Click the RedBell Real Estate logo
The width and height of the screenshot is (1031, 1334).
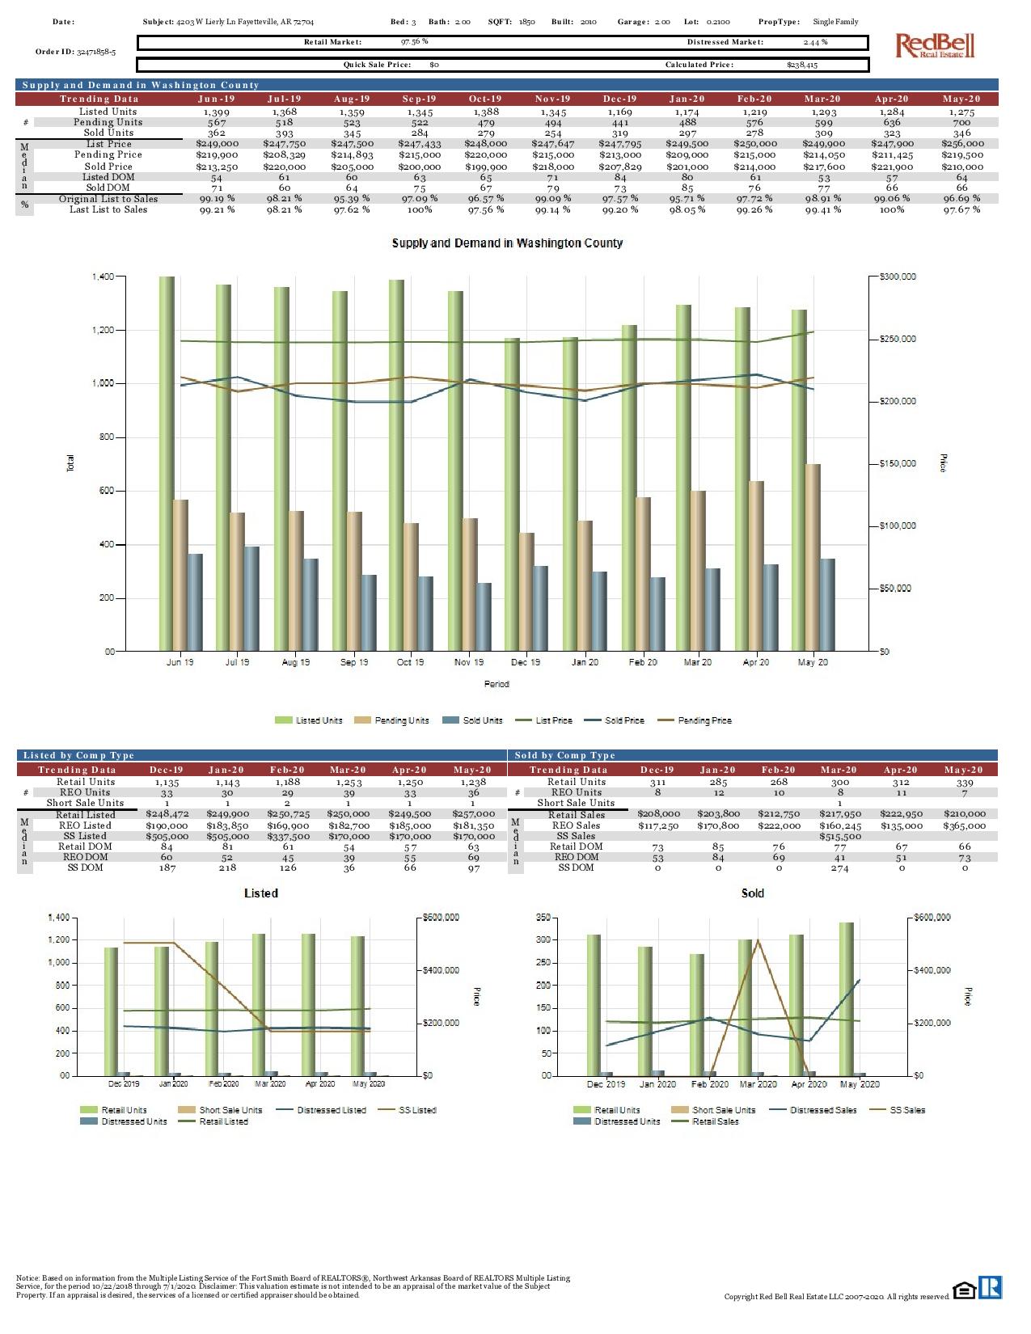[935, 45]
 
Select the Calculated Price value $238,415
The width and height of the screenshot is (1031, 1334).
[801, 65]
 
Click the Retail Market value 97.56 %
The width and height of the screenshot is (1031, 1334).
[415, 41]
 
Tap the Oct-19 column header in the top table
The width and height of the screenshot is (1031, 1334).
[485, 99]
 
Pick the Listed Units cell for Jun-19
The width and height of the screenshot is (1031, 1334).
[217, 112]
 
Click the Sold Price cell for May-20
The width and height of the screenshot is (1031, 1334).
[961, 167]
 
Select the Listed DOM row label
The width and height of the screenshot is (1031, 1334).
[108, 177]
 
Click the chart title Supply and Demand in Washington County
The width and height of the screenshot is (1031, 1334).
[507, 243]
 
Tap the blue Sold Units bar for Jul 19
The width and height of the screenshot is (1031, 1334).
[252, 598]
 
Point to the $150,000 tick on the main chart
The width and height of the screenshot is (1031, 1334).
[898, 464]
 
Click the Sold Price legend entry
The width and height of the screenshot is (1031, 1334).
[624, 720]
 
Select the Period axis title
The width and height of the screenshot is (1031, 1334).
[496, 684]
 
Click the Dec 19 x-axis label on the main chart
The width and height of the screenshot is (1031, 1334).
[526, 662]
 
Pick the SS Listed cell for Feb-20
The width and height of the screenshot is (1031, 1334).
[288, 836]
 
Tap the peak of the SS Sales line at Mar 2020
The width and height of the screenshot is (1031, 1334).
[758, 940]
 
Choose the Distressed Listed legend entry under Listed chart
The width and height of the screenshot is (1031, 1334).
[332, 1110]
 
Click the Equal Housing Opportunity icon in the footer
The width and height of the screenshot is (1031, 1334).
[964, 1290]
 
